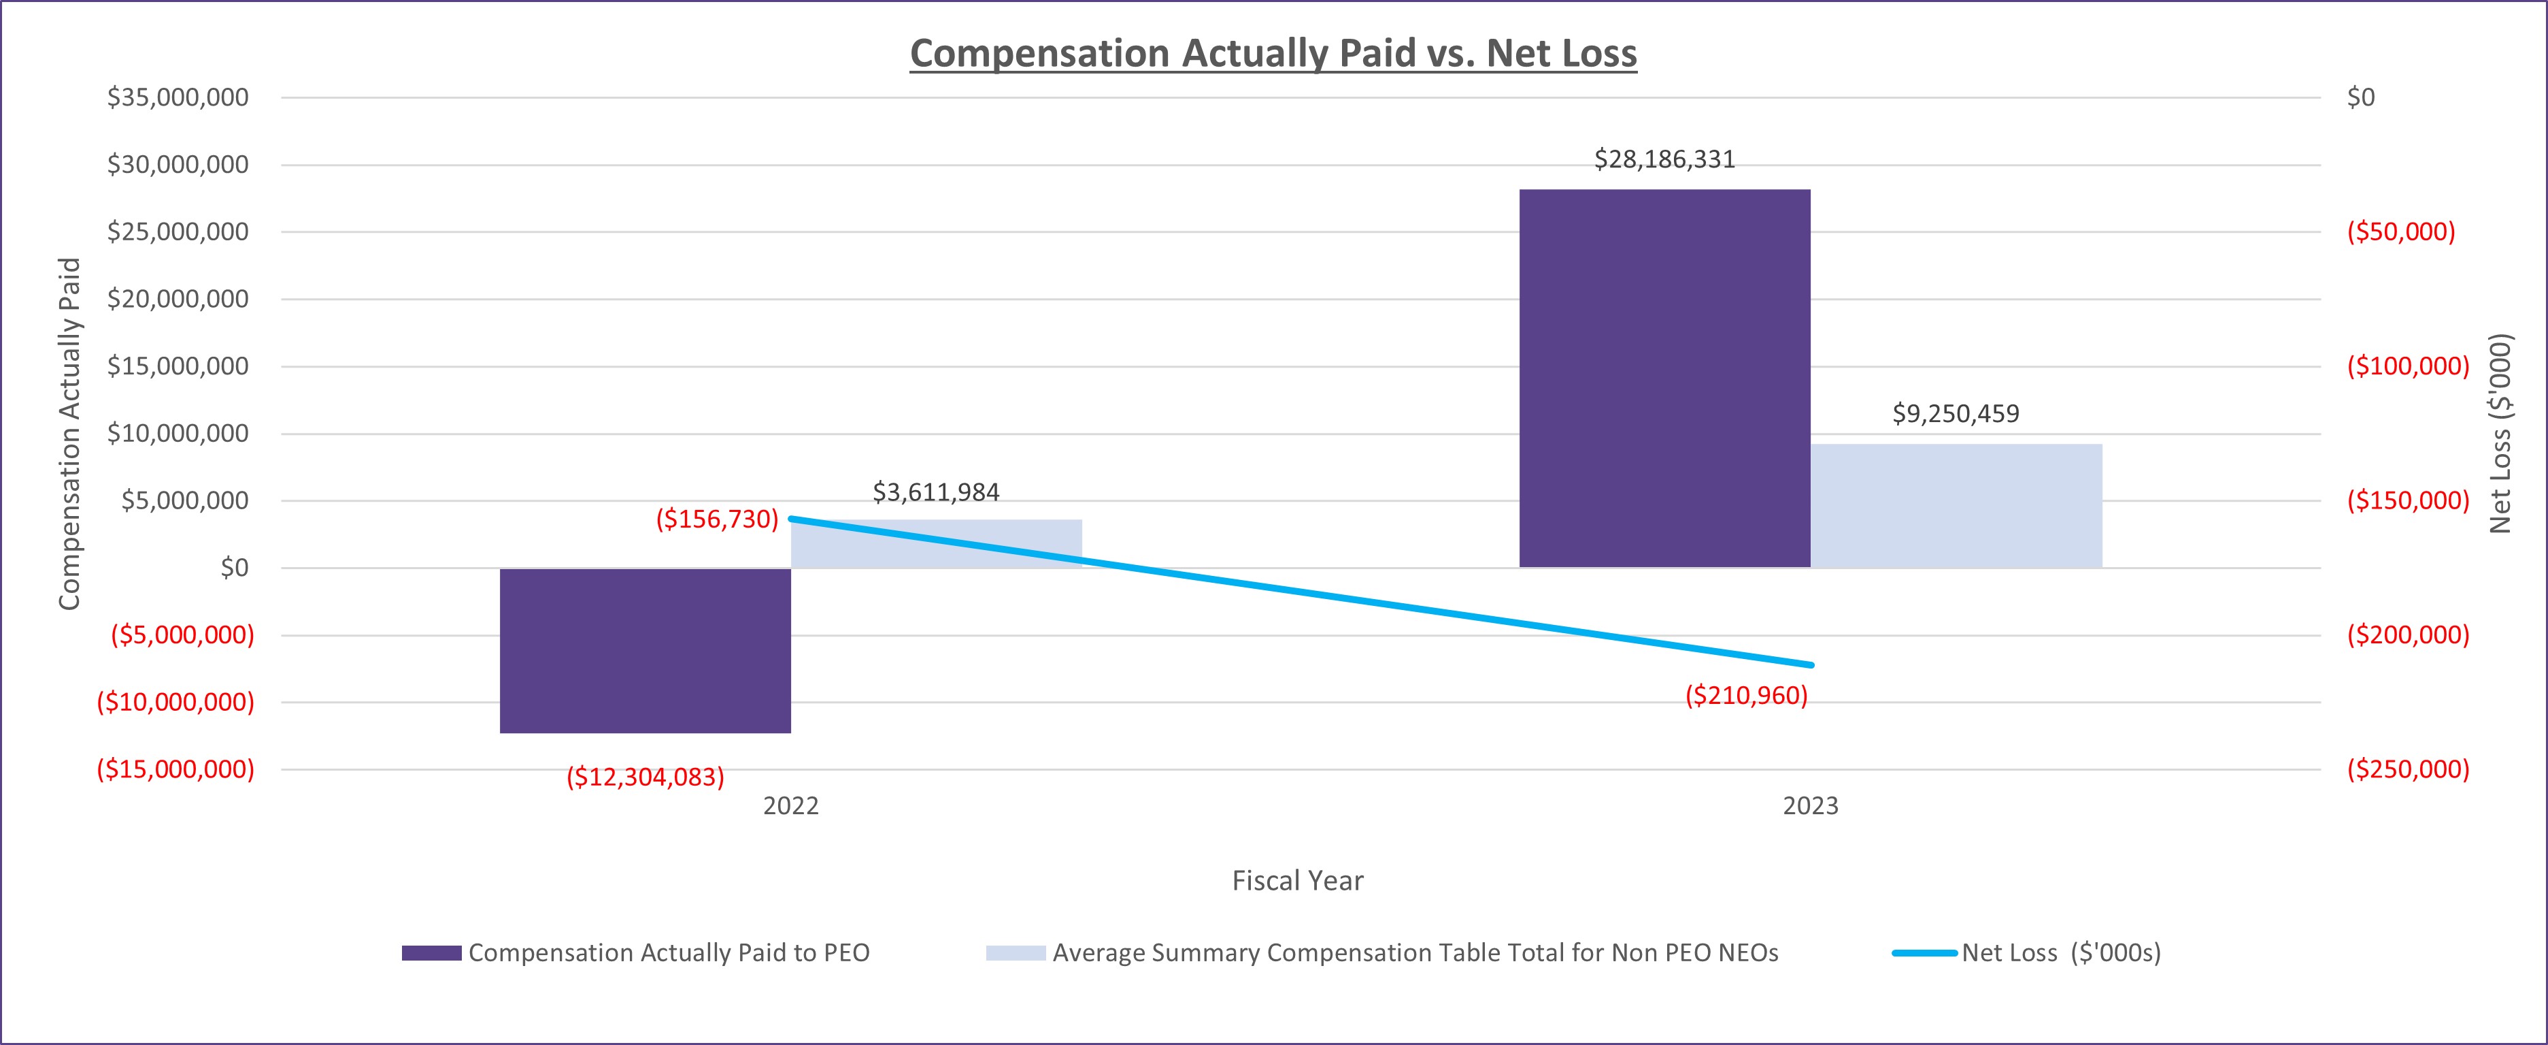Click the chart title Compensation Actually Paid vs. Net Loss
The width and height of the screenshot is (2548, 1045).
coord(1273,53)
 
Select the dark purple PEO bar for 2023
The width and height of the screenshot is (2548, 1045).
coord(1664,378)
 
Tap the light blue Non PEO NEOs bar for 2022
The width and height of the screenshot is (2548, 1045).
coord(936,543)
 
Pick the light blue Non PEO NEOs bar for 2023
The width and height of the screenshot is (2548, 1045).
coord(1956,506)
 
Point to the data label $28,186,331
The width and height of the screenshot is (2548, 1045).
coord(1664,159)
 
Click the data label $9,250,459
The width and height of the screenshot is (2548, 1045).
coord(1956,414)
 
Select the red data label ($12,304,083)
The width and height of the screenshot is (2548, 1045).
coord(645,777)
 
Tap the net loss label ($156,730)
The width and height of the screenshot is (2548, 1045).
coord(717,519)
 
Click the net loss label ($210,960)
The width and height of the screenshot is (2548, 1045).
coord(1746,696)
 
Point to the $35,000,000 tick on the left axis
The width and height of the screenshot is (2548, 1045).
coord(178,97)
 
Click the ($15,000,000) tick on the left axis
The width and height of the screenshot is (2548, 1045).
coord(175,769)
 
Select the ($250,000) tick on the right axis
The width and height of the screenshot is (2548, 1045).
coord(2408,769)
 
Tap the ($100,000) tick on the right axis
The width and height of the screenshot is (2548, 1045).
coord(2408,366)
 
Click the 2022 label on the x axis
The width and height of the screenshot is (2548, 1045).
coord(790,805)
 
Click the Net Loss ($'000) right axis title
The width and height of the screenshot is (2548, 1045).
coord(2500,434)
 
